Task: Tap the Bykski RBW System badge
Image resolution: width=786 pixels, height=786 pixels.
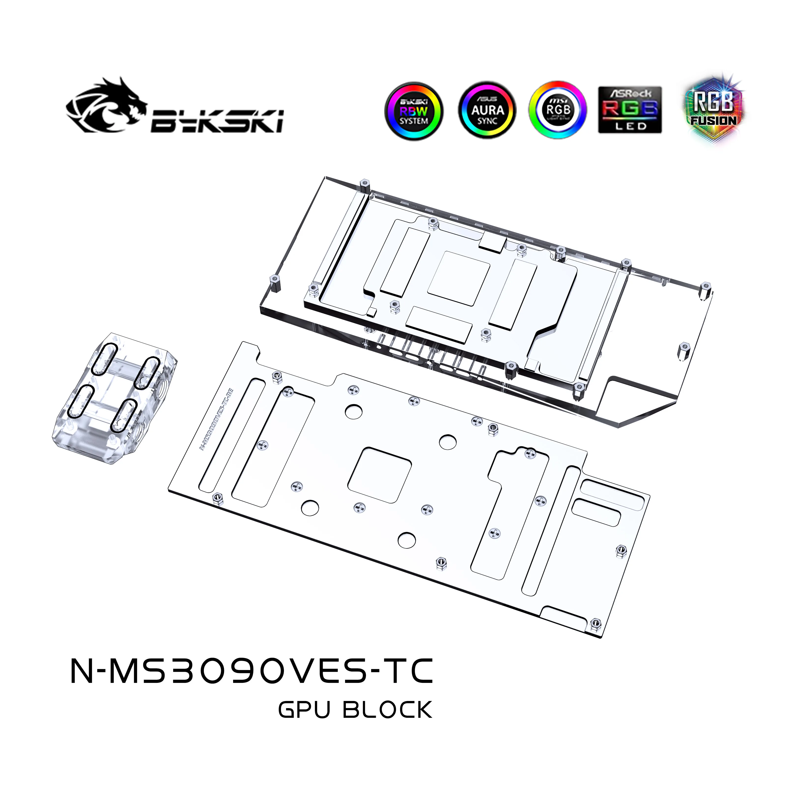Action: tap(413, 111)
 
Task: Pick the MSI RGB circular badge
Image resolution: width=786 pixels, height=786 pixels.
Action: tap(558, 110)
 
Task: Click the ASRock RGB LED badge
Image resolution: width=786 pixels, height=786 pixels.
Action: tap(630, 110)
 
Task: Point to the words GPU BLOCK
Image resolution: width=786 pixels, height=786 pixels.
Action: tap(355, 710)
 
